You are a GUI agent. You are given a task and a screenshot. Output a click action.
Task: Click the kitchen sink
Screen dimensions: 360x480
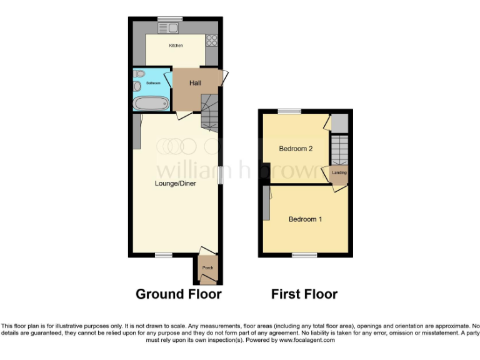pyautogui.click(x=169, y=27)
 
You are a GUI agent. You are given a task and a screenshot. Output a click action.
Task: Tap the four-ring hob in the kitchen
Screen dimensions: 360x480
pyautogui.click(x=211, y=40)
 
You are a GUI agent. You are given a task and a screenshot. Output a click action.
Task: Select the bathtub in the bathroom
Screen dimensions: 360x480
pyautogui.click(x=151, y=103)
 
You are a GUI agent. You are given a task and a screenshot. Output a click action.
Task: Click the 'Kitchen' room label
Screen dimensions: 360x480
pyautogui.click(x=176, y=46)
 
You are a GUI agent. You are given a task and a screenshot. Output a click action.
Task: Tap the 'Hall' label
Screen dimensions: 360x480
pyautogui.click(x=196, y=82)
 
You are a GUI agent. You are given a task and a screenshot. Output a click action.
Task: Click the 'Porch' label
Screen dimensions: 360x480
pyautogui.click(x=207, y=268)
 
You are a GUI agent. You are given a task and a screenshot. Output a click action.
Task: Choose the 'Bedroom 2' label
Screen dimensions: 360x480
pyautogui.click(x=296, y=149)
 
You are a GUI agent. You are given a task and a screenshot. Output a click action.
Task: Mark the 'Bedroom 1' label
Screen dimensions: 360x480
pyautogui.click(x=305, y=219)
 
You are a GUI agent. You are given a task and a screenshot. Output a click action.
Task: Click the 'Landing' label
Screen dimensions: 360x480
pyautogui.click(x=339, y=172)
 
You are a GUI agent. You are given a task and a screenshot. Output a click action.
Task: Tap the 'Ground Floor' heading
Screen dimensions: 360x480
pyautogui.click(x=178, y=294)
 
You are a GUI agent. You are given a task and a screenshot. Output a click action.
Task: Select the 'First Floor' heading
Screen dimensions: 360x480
pyautogui.click(x=304, y=294)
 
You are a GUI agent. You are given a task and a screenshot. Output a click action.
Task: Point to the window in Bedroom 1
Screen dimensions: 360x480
pyautogui.click(x=304, y=255)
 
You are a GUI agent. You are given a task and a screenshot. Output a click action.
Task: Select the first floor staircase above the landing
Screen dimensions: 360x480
pyautogui.click(x=339, y=150)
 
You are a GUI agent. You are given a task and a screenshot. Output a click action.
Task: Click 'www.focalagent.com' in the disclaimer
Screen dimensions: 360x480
pyautogui.click(x=306, y=341)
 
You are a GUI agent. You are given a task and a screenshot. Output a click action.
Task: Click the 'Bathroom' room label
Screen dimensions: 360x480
pyautogui.click(x=153, y=83)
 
